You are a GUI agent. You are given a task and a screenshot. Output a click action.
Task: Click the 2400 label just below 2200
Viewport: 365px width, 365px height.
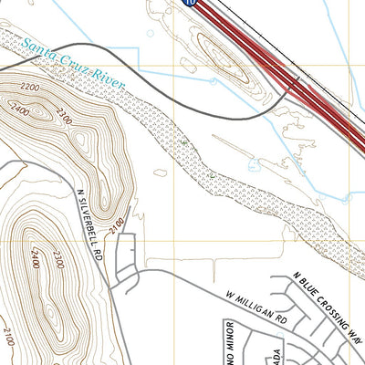18,109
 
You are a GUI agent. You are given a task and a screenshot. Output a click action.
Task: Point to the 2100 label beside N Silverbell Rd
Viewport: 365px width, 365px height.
116,222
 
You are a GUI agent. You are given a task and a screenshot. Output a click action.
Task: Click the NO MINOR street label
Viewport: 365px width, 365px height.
229,342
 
